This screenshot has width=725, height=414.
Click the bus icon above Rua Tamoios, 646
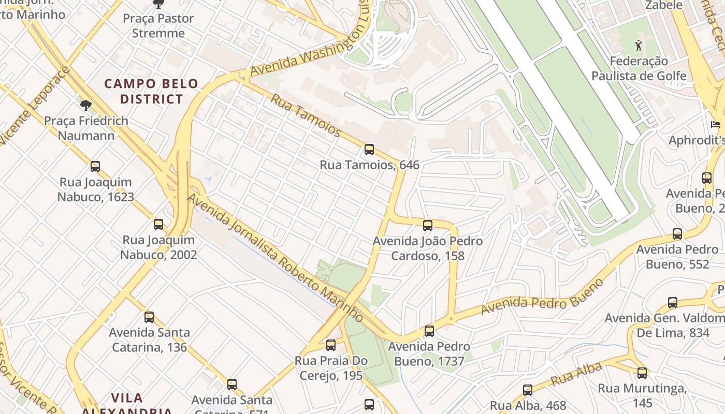tap(369, 150)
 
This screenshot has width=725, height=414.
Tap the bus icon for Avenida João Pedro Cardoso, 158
tap(427, 226)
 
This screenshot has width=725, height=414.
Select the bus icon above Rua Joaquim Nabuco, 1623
tap(95, 167)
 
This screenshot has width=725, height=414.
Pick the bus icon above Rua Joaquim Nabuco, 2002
tap(158, 225)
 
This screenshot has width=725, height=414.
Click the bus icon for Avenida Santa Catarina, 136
tap(149, 317)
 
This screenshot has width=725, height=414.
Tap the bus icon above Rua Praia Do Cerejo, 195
tap(331, 345)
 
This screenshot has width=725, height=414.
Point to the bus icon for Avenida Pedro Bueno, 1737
tap(429, 331)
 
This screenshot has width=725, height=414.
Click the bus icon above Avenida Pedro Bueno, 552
tap(677, 234)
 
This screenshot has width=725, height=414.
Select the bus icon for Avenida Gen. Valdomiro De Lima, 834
tap(672, 303)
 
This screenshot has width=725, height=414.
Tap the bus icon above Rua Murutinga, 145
tap(642, 373)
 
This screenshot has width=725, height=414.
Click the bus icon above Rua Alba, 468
tap(527, 390)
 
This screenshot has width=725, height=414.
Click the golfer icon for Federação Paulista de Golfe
tap(639, 46)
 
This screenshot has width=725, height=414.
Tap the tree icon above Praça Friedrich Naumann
tap(86, 106)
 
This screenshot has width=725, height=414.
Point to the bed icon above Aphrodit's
tap(715, 125)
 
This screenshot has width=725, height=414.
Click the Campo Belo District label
tap(151, 91)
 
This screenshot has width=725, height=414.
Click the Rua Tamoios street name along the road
tap(306, 115)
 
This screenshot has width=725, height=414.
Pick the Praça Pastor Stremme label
tap(158, 26)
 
